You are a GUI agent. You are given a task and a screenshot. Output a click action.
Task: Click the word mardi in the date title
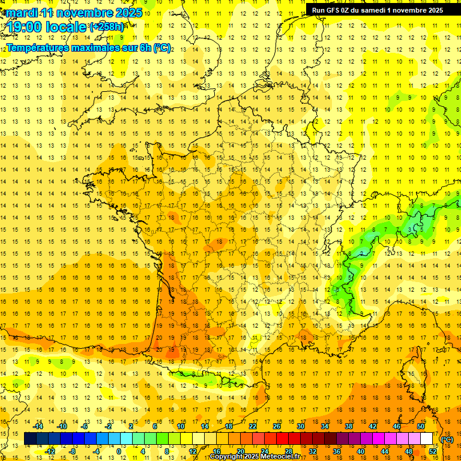click(23, 13)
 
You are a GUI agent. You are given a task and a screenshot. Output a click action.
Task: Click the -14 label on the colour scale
click(38, 426)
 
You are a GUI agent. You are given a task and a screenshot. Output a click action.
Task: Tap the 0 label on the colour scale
click(118, 451)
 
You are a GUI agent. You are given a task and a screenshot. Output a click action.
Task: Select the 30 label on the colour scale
click(301, 426)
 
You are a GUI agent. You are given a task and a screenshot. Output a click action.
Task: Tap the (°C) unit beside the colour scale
click(447, 439)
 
